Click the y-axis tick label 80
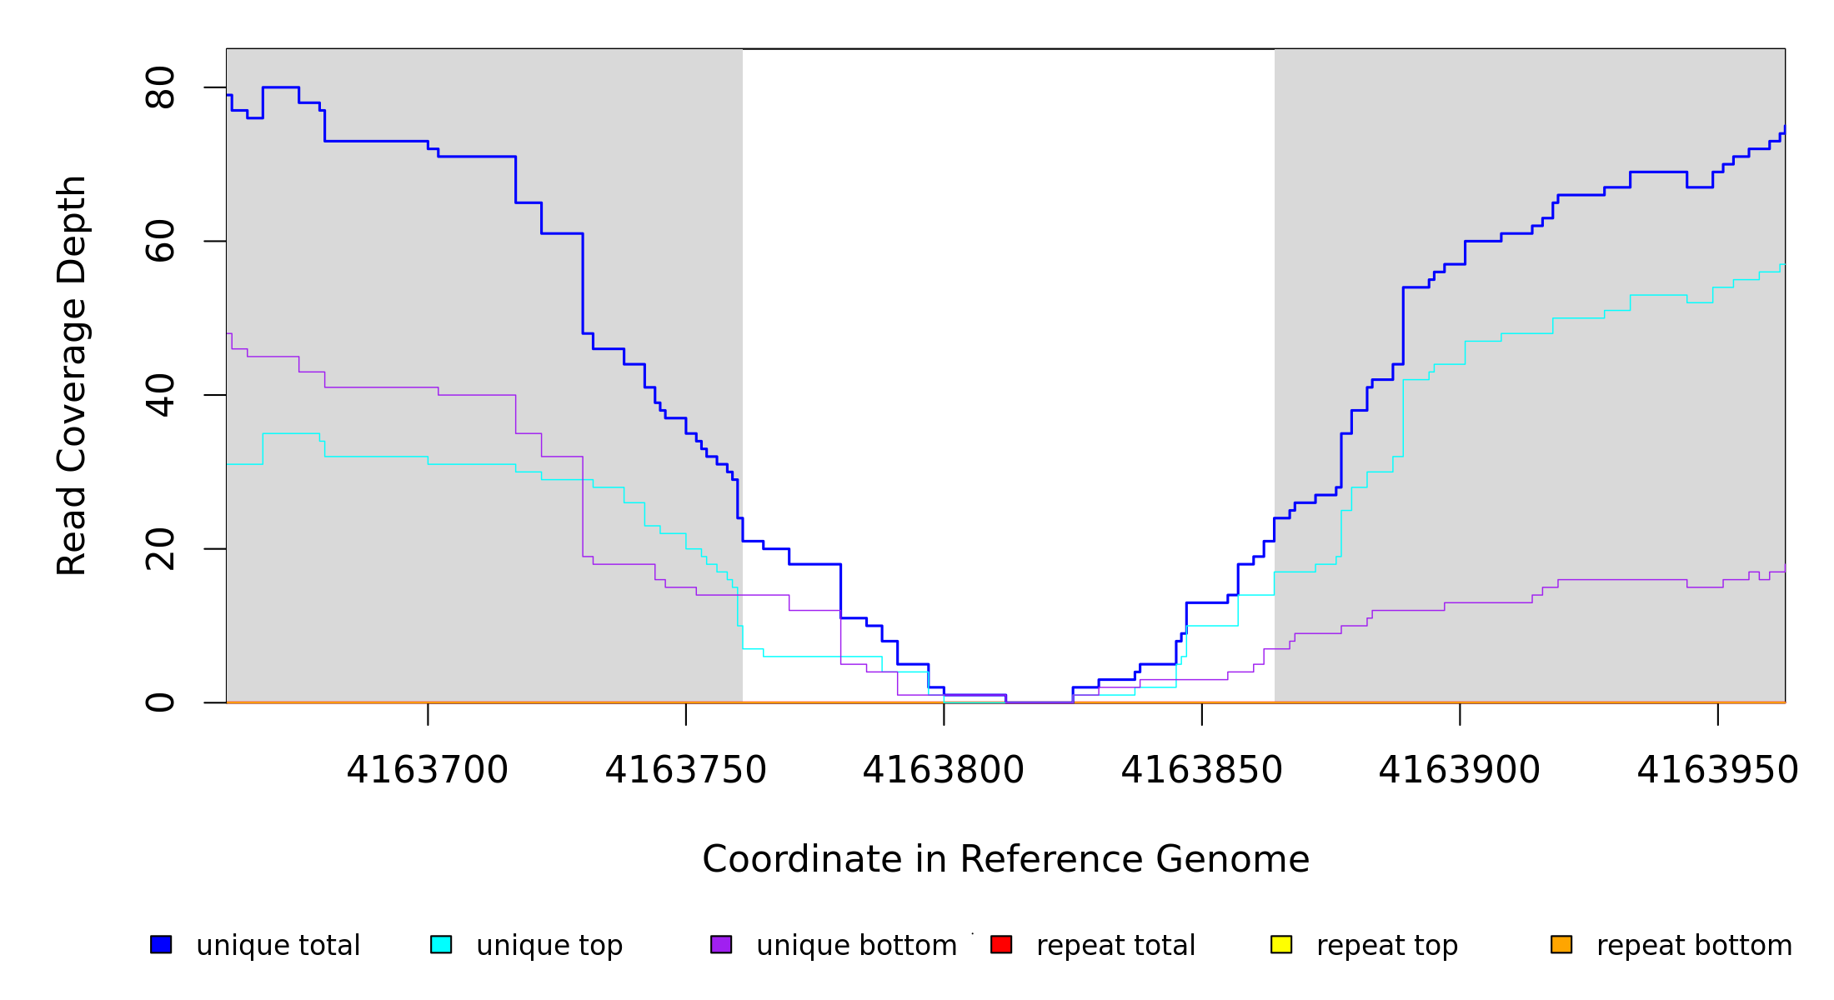click(159, 87)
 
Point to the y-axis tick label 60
click(159, 241)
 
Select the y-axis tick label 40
click(159, 395)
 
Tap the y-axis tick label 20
click(159, 548)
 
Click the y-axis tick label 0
click(159, 702)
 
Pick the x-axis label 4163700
click(428, 771)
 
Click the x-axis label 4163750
click(685, 771)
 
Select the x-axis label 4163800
click(944, 771)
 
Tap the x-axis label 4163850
click(1201, 771)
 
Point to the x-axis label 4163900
click(1460, 771)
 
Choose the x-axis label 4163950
click(1717, 771)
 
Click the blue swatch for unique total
click(161, 944)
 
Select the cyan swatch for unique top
click(441, 944)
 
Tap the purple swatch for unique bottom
click(721, 944)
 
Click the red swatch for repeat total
click(1001, 944)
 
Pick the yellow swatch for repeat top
click(1281, 944)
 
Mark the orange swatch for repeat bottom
click(1561, 944)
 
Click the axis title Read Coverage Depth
click(72, 375)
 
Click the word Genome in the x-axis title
click(1233, 860)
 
